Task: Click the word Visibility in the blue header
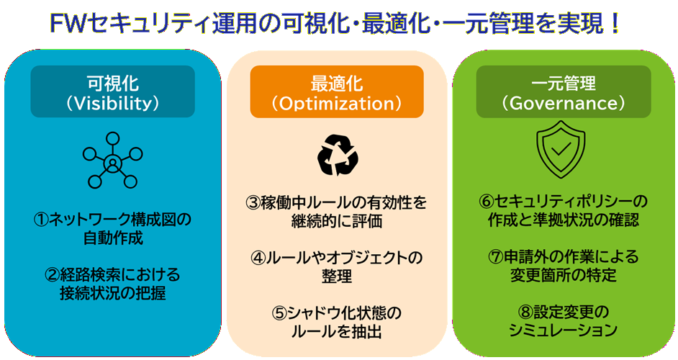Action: coord(112,103)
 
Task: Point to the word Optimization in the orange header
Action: coord(336,103)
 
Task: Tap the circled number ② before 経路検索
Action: coord(52,275)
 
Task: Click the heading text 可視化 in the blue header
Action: coord(112,83)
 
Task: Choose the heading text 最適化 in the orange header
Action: coord(336,83)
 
